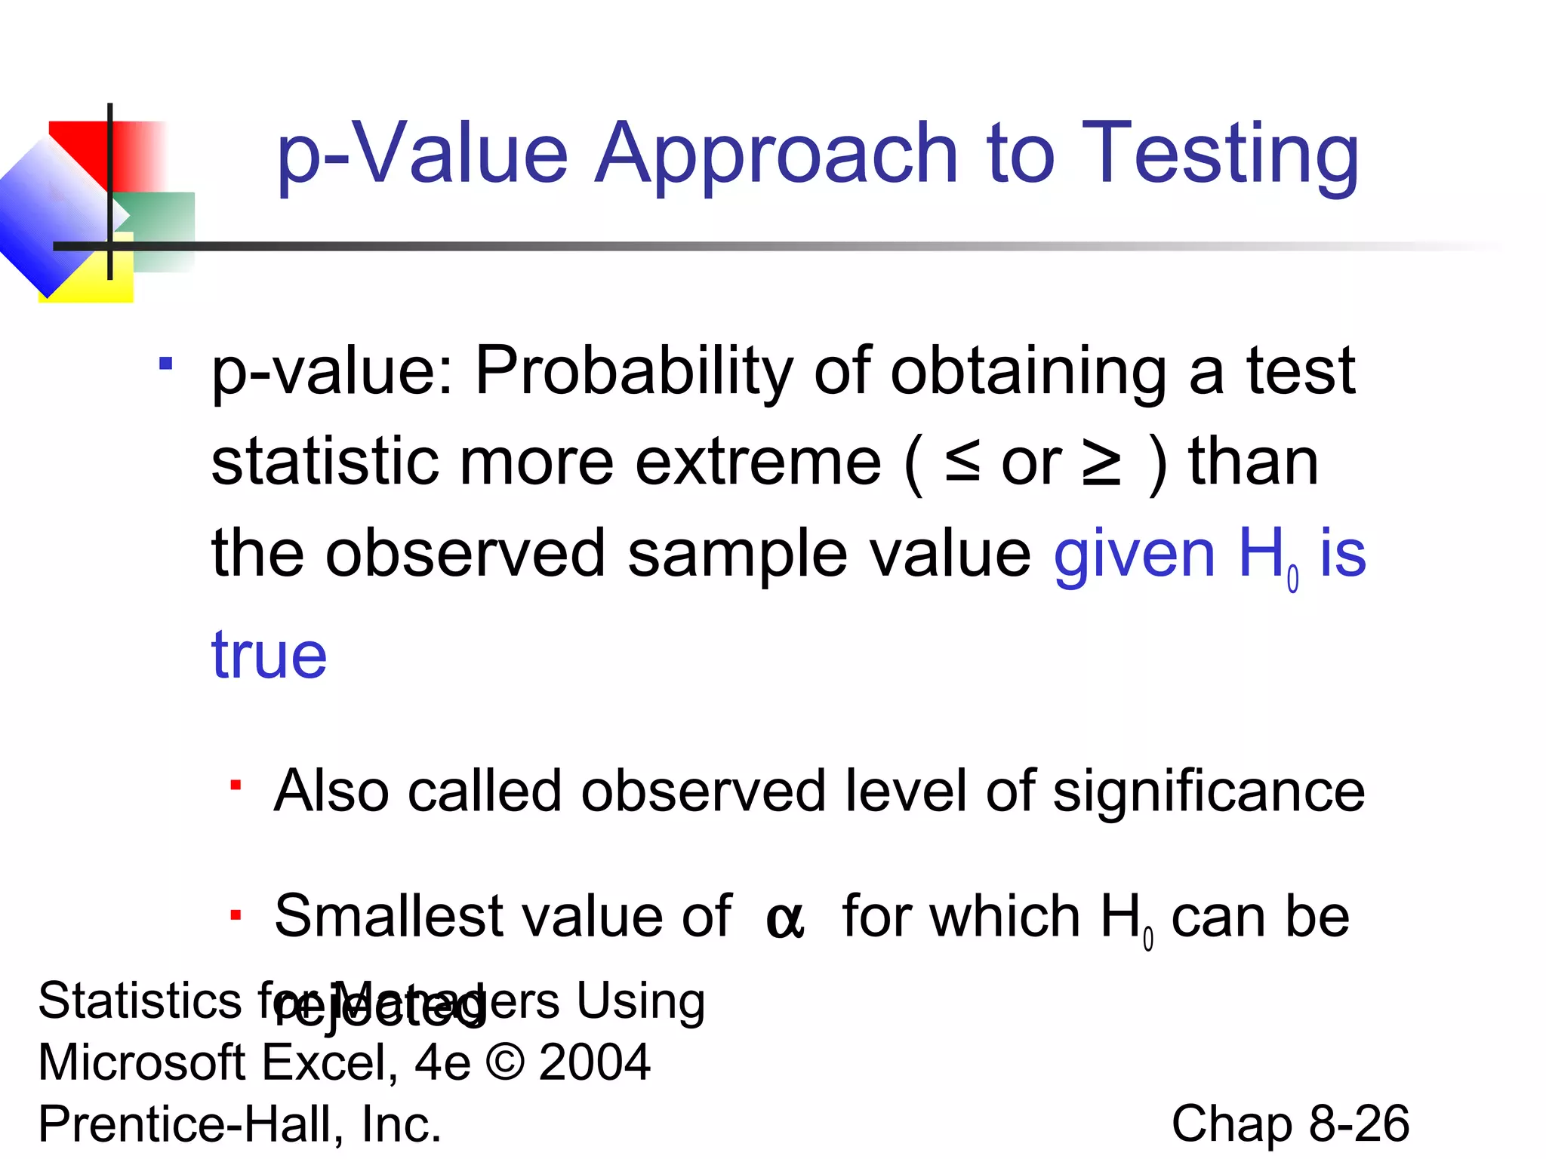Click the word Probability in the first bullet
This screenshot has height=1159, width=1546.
click(x=634, y=370)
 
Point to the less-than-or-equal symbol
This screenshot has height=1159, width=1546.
click(x=962, y=463)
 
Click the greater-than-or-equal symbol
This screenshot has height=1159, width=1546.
click(x=1101, y=463)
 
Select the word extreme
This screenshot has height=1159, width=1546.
click(x=758, y=463)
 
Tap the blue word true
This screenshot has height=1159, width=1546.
click(x=269, y=654)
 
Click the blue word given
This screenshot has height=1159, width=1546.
click(x=1134, y=555)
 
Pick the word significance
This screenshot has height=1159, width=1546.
click(x=1209, y=791)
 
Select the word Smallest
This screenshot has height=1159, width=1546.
click(x=387, y=916)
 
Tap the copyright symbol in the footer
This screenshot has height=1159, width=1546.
click(x=505, y=1062)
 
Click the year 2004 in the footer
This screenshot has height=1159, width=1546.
click(x=595, y=1062)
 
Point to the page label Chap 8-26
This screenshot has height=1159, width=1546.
click(x=1290, y=1124)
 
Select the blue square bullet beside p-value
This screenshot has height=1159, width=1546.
click(x=166, y=364)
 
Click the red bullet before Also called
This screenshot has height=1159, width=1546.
click(x=236, y=786)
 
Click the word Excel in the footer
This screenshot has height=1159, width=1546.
click(x=331, y=1062)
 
